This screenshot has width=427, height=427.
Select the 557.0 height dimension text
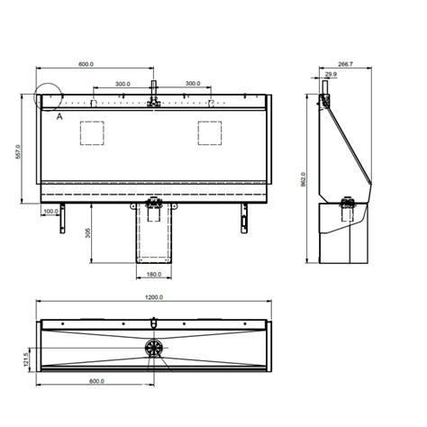tap(17, 154)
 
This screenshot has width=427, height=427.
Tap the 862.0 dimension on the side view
tap(304, 179)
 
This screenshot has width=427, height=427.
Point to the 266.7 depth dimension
tap(344, 65)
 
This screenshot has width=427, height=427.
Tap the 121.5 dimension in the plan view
tap(26, 359)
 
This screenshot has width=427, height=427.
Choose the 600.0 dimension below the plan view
tap(95, 381)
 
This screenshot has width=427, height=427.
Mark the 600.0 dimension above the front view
tap(86, 65)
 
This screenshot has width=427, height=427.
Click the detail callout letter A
tap(59, 116)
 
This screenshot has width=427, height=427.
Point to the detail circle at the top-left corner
tap(45, 97)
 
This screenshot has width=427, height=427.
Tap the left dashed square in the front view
tap(94, 132)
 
